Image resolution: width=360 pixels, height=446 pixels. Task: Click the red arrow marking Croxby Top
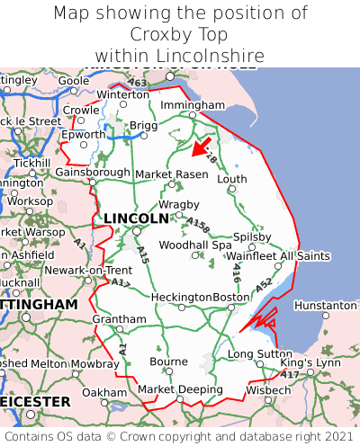(x=201, y=146)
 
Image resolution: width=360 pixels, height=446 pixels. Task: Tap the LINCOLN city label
(x=136, y=219)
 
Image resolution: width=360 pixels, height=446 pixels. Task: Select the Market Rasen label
(x=171, y=174)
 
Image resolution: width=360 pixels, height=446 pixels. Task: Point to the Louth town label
(x=231, y=179)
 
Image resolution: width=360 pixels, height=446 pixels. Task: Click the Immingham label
(x=193, y=105)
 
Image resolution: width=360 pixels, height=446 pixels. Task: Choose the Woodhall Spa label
(x=195, y=245)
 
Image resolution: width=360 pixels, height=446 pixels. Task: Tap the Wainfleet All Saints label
(x=279, y=256)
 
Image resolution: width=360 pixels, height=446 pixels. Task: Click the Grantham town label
(x=119, y=319)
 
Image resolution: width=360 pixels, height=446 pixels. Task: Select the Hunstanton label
(x=325, y=306)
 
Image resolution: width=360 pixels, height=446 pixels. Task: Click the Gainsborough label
(x=93, y=172)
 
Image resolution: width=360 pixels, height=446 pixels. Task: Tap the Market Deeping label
(x=180, y=389)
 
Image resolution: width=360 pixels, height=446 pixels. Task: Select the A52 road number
(x=263, y=285)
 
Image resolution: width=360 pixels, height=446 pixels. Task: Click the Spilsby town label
(x=252, y=237)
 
